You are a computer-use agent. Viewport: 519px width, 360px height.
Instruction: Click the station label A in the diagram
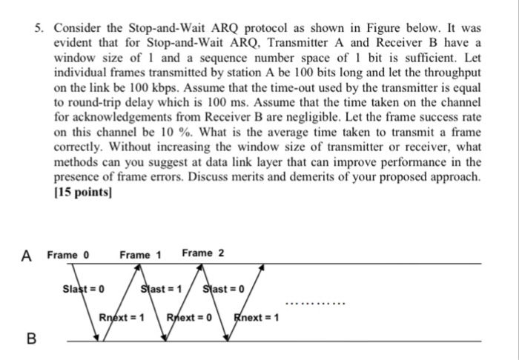(x=27, y=256)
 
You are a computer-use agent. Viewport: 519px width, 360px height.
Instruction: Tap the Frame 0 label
(x=67, y=255)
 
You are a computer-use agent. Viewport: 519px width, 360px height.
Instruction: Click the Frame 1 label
(x=140, y=255)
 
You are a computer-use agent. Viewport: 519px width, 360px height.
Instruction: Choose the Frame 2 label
(x=202, y=254)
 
